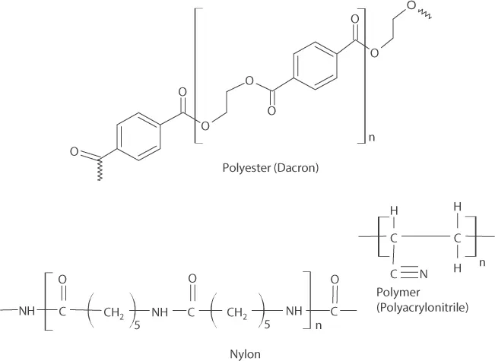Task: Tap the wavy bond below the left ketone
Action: (100, 177)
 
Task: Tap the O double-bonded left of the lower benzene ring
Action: (75, 152)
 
